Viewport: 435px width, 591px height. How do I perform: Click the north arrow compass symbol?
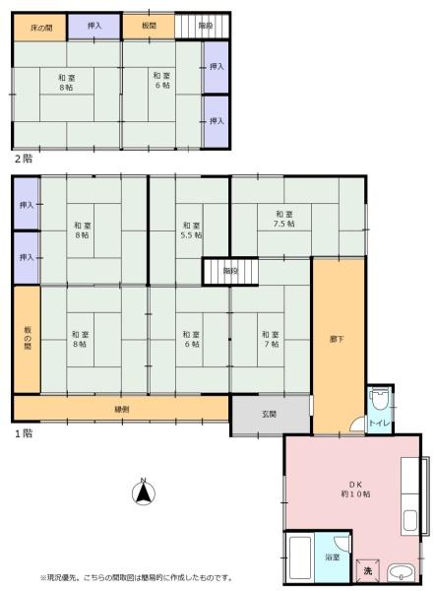144,492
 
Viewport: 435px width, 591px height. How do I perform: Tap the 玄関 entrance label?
270,415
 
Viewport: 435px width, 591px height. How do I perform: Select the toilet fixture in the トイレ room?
378,400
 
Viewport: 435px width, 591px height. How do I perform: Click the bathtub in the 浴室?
300,558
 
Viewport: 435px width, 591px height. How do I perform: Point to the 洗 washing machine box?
367,571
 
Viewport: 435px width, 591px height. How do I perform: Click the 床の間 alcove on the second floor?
40,28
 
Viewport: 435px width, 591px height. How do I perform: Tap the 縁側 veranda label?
122,410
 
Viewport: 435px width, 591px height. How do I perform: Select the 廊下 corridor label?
337,339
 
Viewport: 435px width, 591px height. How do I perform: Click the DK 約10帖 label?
355,489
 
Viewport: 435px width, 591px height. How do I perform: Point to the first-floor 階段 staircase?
230,271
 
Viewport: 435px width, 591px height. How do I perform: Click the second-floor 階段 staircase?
203,26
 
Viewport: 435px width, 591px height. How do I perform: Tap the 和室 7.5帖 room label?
284,219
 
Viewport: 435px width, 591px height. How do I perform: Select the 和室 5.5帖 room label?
192,230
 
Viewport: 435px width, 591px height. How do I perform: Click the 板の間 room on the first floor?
28,339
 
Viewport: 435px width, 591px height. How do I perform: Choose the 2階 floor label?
24,159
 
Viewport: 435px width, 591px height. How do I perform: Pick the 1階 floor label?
24,433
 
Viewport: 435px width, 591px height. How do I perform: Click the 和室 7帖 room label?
271,339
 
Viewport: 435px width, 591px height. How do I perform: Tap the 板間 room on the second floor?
149,26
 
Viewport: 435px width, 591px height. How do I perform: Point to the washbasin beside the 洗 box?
401,573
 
